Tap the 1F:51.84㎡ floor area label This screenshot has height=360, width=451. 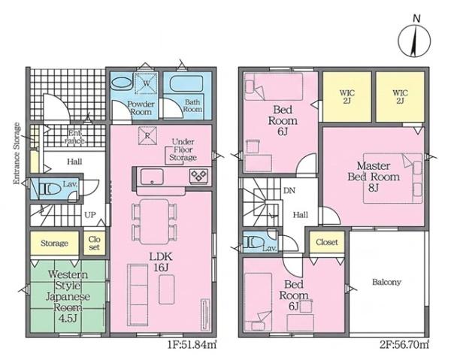(192, 344)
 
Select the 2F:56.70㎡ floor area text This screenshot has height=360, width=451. (404, 344)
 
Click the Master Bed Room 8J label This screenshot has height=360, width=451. (374, 177)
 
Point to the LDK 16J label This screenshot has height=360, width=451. (161, 262)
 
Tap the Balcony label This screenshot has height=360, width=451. (386, 282)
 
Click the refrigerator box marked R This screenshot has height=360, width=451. (147, 135)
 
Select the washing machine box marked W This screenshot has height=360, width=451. (146, 83)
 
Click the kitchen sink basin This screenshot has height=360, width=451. (152, 177)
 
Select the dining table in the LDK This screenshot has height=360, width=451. (154, 222)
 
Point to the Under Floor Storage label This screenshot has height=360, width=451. (183, 150)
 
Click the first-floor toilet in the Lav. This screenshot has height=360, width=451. (50, 189)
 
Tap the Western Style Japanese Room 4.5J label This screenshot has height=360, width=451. (68, 296)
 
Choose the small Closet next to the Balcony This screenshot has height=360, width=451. (327, 242)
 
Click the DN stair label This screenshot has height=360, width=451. (289, 191)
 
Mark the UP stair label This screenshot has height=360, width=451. (90, 215)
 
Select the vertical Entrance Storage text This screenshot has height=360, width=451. (17, 153)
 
